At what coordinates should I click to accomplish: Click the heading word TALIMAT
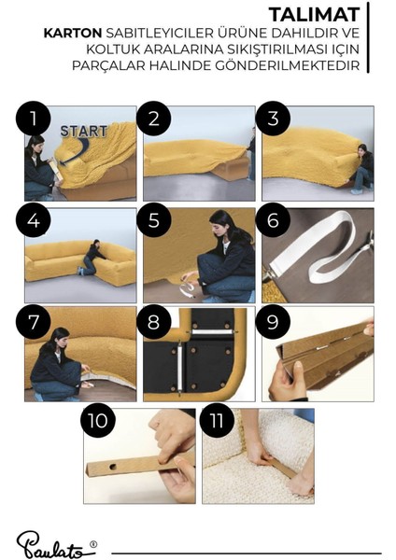point(314,15)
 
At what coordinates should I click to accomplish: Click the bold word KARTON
point(73,34)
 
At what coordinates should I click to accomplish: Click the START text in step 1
point(84,131)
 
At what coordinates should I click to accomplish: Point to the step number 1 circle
point(33,119)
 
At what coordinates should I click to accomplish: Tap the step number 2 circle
point(153,119)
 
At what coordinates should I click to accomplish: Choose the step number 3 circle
point(273,119)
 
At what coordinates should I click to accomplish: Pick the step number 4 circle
point(33,220)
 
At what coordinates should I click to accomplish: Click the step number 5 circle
point(153,220)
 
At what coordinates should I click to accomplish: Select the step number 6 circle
point(273,220)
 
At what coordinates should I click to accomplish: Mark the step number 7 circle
point(33,322)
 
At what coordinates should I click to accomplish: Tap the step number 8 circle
point(153,322)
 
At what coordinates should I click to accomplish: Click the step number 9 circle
point(273,322)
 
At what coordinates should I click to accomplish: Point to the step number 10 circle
point(97,420)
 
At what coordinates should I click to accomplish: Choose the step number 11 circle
point(217,420)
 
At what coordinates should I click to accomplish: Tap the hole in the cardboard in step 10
point(113,466)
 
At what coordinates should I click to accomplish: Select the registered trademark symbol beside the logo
point(93,544)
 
